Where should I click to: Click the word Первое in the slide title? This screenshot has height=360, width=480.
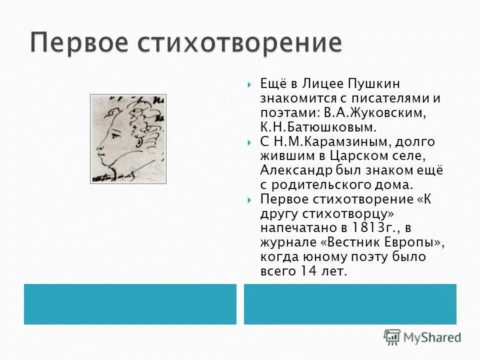coord(77,44)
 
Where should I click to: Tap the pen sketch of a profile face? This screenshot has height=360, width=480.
coord(128,138)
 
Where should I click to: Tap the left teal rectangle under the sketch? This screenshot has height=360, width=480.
coord(130,304)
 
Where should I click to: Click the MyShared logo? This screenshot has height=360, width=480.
coord(422,337)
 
